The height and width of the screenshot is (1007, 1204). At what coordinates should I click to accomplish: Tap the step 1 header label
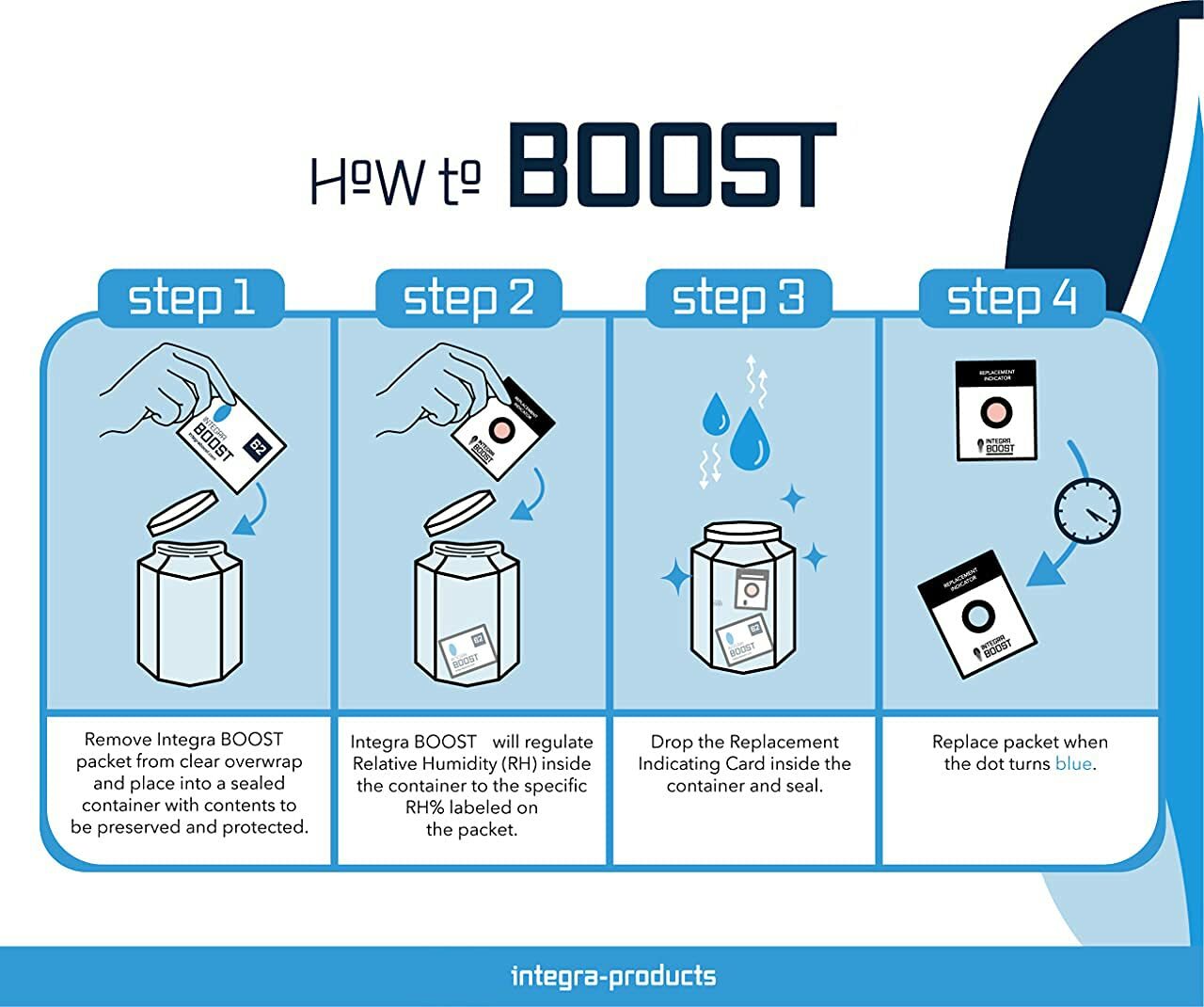pos(191,297)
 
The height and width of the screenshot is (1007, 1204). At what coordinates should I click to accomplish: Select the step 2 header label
pos(468,297)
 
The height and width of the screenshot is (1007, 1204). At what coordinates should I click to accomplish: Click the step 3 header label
pos(738,297)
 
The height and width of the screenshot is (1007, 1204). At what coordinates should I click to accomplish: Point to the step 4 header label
pos(1011,297)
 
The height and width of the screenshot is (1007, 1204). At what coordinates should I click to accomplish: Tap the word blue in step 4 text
pos(1073,763)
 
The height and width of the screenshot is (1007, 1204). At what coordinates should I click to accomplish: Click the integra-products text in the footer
pos(612,976)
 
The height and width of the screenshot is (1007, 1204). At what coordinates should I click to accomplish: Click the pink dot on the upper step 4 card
pos(995,411)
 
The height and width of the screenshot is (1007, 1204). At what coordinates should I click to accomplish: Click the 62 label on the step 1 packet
pos(256,448)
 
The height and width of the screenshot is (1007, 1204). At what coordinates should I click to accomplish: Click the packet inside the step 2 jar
pos(464,651)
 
